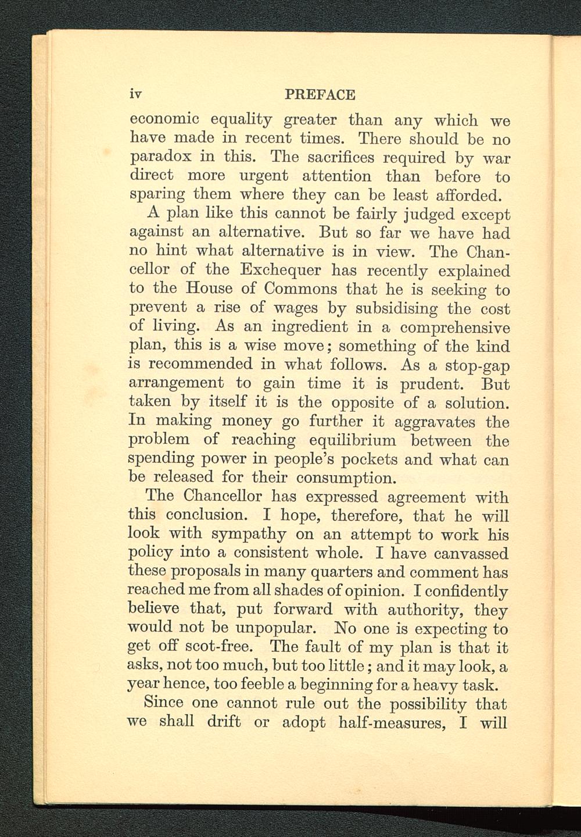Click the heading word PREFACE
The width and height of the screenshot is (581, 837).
pyautogui.click(x=320, y=94)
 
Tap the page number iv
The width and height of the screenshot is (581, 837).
pyautogui.click(x=137, y=94)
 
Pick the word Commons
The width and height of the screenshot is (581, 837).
pyautogui.click(x=300, y=289)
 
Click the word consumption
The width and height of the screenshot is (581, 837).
pyautogui.click(x=346, y=478)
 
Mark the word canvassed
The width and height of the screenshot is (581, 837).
pyautogui.click(x=471, y=553)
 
